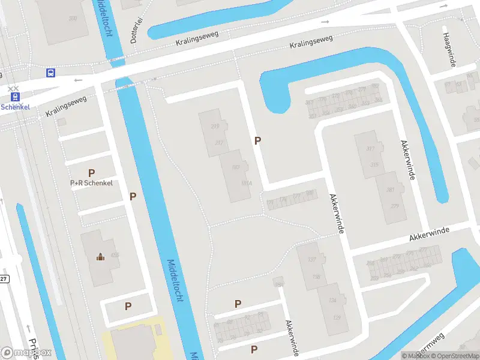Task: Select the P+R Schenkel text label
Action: [91, 183]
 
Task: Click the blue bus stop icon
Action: [51, 73]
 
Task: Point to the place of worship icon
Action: [100, 257]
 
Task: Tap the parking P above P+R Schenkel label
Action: [91, 172]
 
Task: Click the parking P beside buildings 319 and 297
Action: [258, 141]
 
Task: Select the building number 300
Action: [73, 18]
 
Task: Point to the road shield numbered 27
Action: [4, 279]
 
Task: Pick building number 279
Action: [395, 206]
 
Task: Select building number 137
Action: [311, 260]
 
